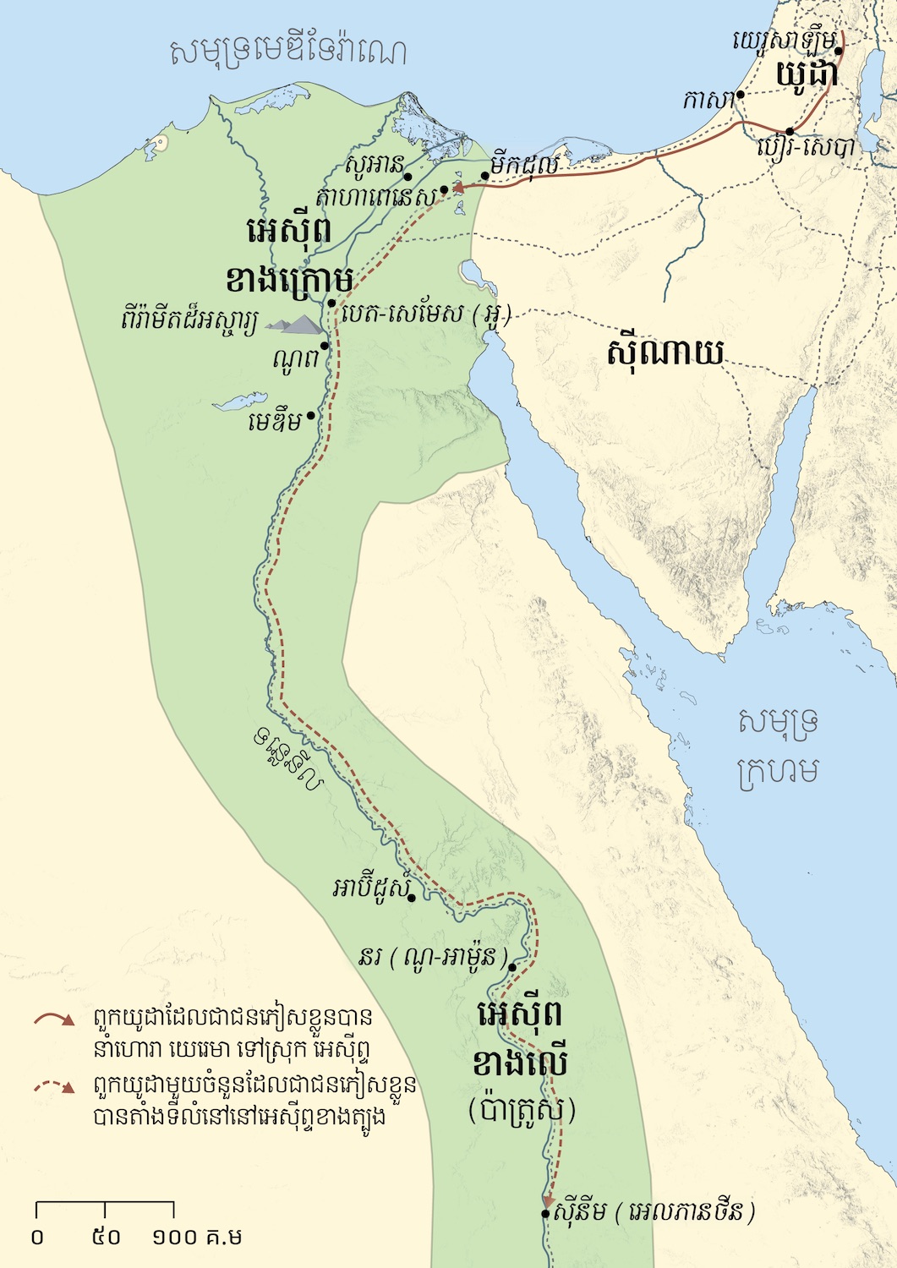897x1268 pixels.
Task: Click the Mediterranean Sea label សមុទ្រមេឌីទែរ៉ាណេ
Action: point(287,52)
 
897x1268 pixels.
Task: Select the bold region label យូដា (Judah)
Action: point(807,74)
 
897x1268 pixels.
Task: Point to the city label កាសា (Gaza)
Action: point(708,100)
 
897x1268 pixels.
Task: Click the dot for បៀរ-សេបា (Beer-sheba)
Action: point(789,131)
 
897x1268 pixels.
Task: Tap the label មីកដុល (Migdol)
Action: point(523,165)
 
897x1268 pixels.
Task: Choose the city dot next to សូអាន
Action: point(407,177)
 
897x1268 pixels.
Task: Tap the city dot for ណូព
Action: point(324,346)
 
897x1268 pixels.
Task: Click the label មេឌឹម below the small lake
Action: point(275,421)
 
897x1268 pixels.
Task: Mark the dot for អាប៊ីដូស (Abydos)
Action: point(411,898)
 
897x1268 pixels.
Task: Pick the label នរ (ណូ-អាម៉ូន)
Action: point(433,958)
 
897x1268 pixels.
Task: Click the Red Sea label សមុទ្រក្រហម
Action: point(777,746)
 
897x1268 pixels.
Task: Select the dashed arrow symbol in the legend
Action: point(55,1085)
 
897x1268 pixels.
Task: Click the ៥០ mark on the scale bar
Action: point(106,1237)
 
